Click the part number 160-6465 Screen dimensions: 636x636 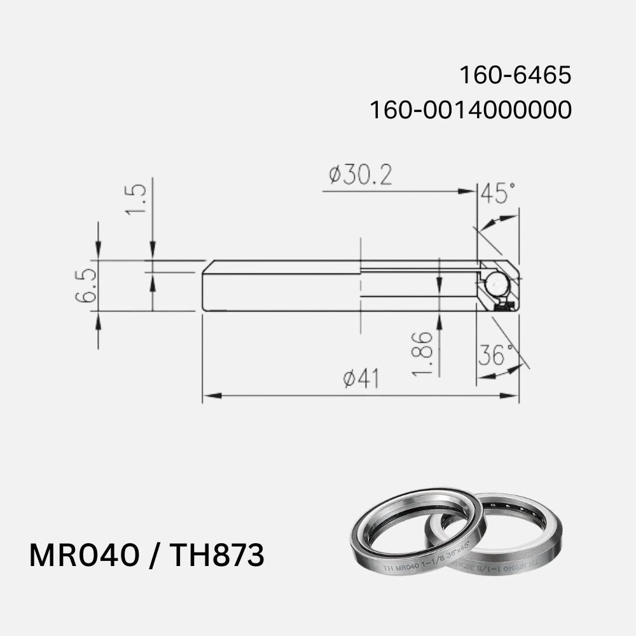pyautogui.click(x=515, y=76)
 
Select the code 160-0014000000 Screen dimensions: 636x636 pyautogui.click(x=471, y=110)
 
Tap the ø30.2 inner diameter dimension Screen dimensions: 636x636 pyautogui.click(x=360, y=175)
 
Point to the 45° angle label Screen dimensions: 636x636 pyautogui.click(x=497, y=193)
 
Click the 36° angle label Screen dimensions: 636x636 pyautogui.click(x=495, y=356)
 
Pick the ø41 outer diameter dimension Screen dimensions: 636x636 pyautogui.click(x=361, y=379)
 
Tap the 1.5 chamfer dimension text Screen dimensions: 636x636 pyautogui.click(x=136, y=199)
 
